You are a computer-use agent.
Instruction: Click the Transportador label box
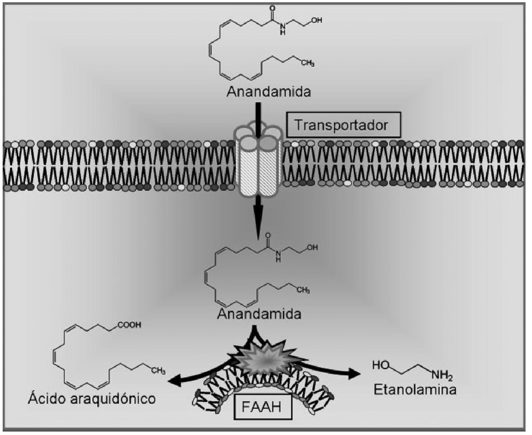pos(344,125)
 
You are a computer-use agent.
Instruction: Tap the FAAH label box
pos(262,407)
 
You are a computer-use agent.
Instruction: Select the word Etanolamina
pos(415,390)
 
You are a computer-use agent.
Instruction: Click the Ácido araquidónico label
pos(92,399)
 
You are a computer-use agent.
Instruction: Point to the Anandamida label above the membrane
pos(269,92)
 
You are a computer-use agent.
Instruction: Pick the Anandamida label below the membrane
pos(260,314)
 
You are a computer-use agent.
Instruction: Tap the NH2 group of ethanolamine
pos(442,376)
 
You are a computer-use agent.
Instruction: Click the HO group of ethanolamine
pos(380,365)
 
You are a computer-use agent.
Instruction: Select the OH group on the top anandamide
pos(317,21)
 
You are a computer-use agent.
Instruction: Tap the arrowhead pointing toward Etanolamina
pos(353,373)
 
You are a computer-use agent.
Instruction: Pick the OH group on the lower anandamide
pos(312,247)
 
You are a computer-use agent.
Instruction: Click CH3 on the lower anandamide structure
pos(303,291)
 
